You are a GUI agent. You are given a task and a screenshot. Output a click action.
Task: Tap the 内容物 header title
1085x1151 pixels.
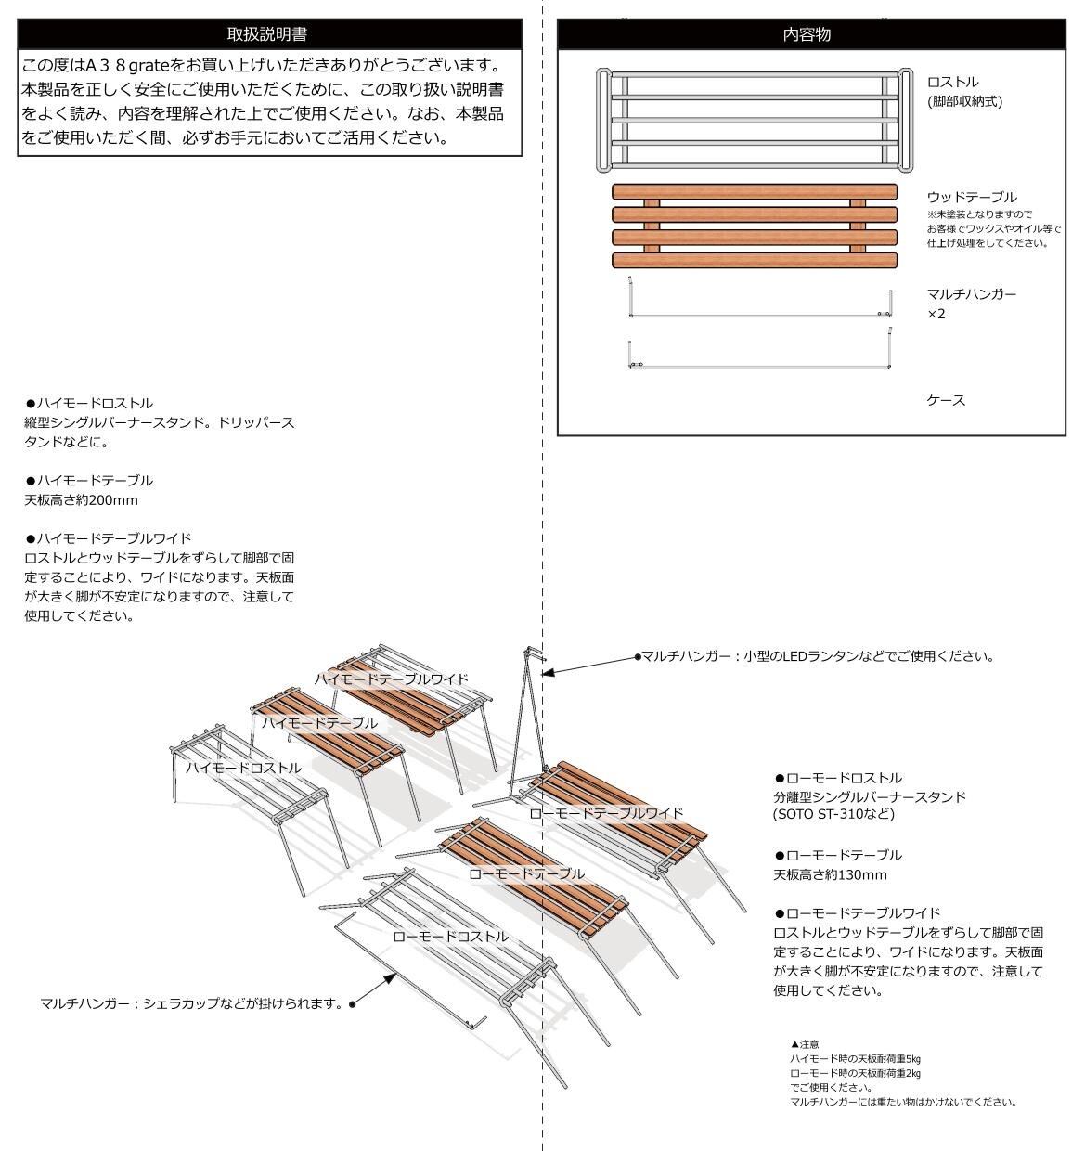[807, 34]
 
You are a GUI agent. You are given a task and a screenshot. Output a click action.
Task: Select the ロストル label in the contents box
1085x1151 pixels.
[952, 82]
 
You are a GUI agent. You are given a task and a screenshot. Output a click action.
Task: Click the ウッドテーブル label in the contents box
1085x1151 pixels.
[972, 197]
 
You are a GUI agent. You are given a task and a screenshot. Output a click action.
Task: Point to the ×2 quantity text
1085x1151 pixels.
[936, 314]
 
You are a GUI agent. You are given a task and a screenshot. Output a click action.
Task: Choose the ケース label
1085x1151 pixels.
[946, 400]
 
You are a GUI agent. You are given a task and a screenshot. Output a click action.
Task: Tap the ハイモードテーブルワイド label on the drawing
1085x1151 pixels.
[391, 679]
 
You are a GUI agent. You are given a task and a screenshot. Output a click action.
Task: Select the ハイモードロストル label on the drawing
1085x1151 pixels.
[243, 768]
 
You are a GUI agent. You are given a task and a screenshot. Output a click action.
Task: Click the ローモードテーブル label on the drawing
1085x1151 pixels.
[526, 873]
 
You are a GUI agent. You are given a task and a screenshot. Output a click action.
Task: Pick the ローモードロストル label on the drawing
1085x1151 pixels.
[450, 937]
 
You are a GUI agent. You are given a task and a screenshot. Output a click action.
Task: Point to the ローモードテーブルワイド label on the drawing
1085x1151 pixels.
[605, 813]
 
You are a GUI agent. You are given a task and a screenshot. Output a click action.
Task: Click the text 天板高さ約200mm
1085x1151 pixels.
[81, 500]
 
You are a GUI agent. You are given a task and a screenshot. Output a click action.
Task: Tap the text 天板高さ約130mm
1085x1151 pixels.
[830, 874]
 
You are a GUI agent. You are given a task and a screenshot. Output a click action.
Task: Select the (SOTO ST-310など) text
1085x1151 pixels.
[833, 814]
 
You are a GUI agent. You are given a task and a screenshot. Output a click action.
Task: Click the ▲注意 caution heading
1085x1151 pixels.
[804, 1044]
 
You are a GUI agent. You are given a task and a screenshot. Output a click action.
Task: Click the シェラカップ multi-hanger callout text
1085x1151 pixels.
[193, 1003]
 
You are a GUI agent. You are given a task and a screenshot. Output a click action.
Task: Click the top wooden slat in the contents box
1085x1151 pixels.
[754, 191]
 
